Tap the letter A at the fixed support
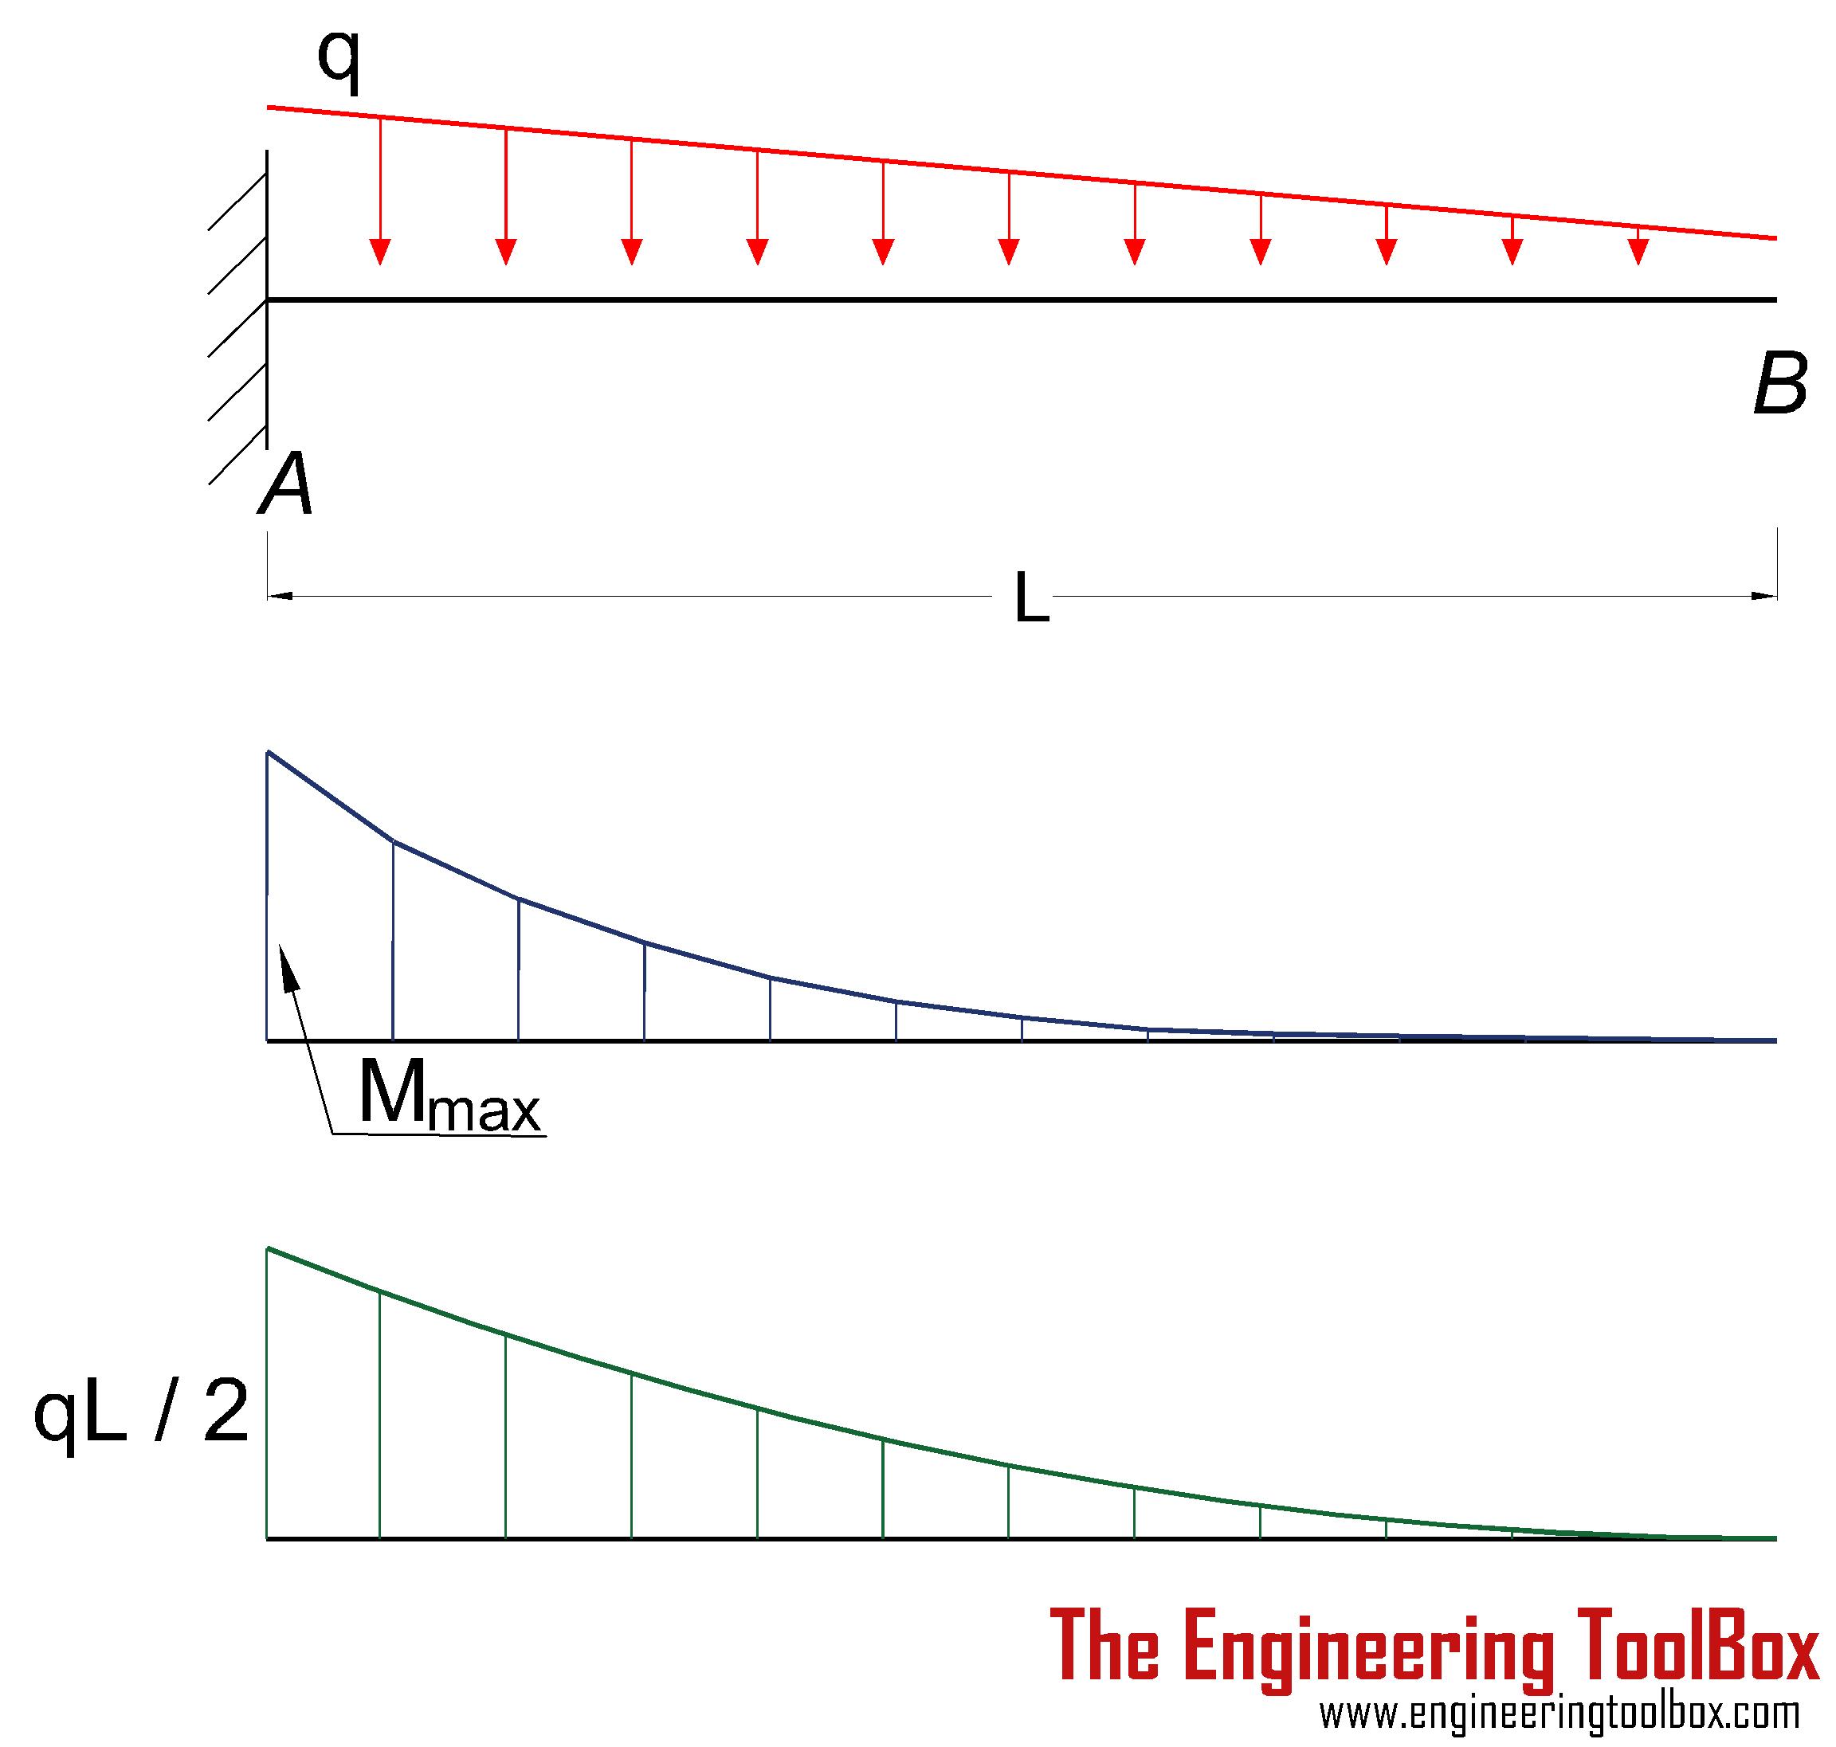[x=285, y=484]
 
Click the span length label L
[x=1031, y=597]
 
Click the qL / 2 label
[x=142, y=1412]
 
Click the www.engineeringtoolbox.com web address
[x=1559, y=1713]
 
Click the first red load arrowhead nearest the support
[x=380, y=252]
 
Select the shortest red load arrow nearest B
[x=1638, y=245]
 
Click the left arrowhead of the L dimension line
[x=280, y=595]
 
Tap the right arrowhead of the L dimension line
[x=1763, y=595]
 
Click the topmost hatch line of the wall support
[x=237, y=201]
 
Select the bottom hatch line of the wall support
[x=237, y=456]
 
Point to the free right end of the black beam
[x=1775, y=300]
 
